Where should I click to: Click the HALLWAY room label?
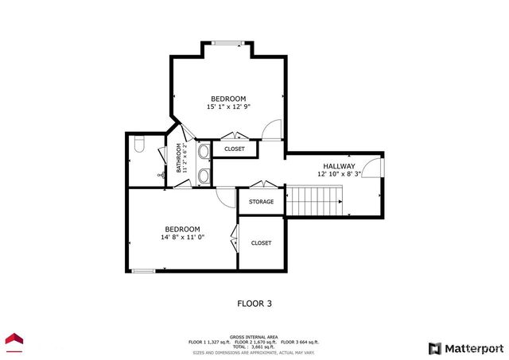click(339, 166)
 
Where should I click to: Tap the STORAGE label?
click(261, 202)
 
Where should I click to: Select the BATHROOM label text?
click(179, 158)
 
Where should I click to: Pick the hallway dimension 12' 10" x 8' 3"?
click(339, 174)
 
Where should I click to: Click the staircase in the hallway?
click(314, 200)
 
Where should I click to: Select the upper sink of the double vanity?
click(203, 151)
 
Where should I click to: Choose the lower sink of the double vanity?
click(203, 175)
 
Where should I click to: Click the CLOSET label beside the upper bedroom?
click(235, 149)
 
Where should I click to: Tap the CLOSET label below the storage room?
click(261, 243)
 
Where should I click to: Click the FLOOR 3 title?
click(254, 303)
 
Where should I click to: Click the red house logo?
click(14, 341)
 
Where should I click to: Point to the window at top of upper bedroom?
click(228, 44)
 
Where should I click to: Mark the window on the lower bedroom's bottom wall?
click(143, 271)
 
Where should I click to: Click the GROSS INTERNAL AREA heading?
click(254, 336)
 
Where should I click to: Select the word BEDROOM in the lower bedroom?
click(182, 229)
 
